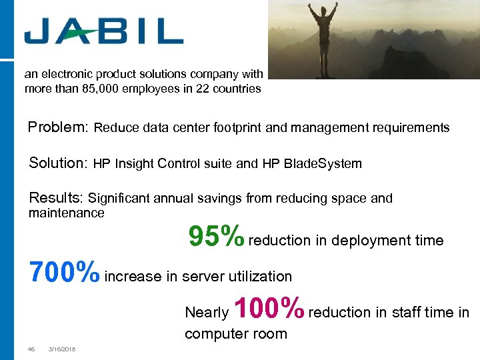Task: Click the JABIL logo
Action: [x=103, y=31]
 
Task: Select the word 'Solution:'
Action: [x=59, y=163]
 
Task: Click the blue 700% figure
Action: [x=64, y=272]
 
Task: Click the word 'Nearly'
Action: [x=206, y=313]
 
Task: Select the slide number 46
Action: [x=31, y=349]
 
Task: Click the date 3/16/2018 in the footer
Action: [x=62, y=349]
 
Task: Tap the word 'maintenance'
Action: [x=67, y=213]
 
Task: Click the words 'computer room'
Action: [x=235, y=333]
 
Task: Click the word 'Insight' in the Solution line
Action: [x=135, y=163]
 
